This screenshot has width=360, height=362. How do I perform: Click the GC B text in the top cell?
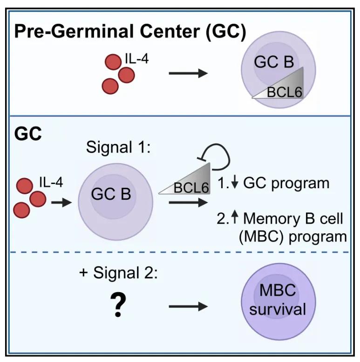(x=273, y=62)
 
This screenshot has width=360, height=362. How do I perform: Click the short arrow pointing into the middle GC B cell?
(x=61, y=203)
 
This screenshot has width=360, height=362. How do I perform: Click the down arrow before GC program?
(x=234, y=183)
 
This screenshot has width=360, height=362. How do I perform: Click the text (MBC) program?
(x=292, y=236)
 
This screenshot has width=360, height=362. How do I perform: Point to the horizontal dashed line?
(x=180, y=252)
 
